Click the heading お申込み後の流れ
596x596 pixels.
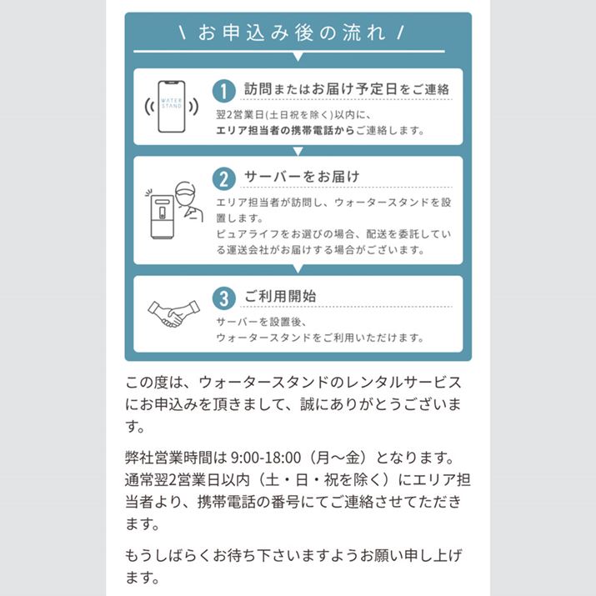(x=292, y=33)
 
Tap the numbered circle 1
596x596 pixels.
(x=224, y=91)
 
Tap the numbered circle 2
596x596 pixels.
(x=224, y=178)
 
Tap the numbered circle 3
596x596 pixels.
(x=224, y=298)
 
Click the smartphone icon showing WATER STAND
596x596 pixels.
(x=172, y=107)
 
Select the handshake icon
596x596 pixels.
(x=173, y=313)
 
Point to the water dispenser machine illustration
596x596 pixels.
(x=163, y=217)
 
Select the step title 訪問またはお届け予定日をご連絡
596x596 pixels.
(x=347, y=89)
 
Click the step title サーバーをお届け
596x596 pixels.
(x=302, y=177)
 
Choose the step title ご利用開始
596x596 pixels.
(x=280, y=296)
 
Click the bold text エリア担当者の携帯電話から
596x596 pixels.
(x=285, y=131)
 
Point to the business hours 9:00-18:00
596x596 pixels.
(x=266, y=458)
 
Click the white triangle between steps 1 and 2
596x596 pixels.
(x=298, y=151)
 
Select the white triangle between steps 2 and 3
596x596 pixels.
(x=298, y=269)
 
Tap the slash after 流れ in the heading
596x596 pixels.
(x=400, y=33)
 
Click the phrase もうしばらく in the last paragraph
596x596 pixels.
(x=168, y=556)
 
